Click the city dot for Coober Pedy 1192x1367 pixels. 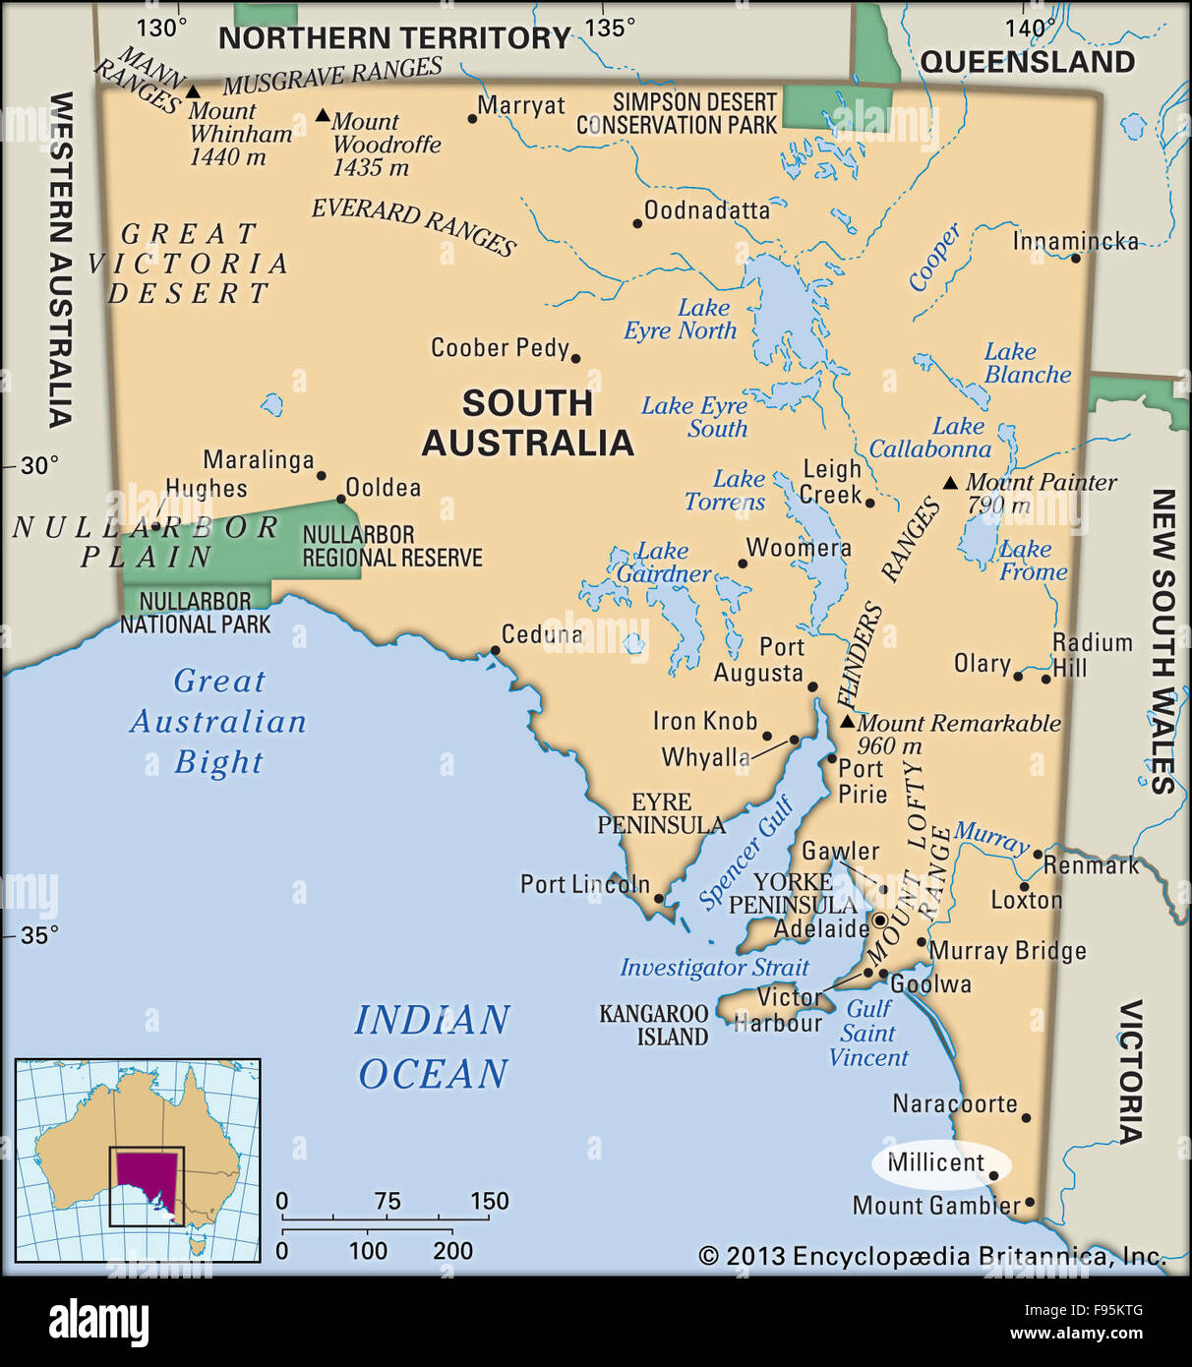[575, 359]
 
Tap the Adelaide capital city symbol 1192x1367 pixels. [880, 921]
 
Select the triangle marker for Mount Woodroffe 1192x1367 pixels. [323, 115]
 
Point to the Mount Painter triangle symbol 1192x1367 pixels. [950, 483]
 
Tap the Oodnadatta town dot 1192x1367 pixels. [637, 223]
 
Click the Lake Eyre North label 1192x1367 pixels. [681, 320]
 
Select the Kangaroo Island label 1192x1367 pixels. [654, 1025]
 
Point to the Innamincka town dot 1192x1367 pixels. [1075, 258]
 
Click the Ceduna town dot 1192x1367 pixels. [495, 650]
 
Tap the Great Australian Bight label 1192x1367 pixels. [218, 721]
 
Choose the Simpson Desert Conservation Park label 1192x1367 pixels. [677, 114]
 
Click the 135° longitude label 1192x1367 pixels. [610, 28]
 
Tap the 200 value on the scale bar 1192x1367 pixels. [452, 1251]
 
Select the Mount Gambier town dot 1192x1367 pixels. [1030, 1202]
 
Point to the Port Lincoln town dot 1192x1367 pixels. [659, 898]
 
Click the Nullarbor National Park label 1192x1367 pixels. [195, 612]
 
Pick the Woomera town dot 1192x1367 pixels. [743, 564]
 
